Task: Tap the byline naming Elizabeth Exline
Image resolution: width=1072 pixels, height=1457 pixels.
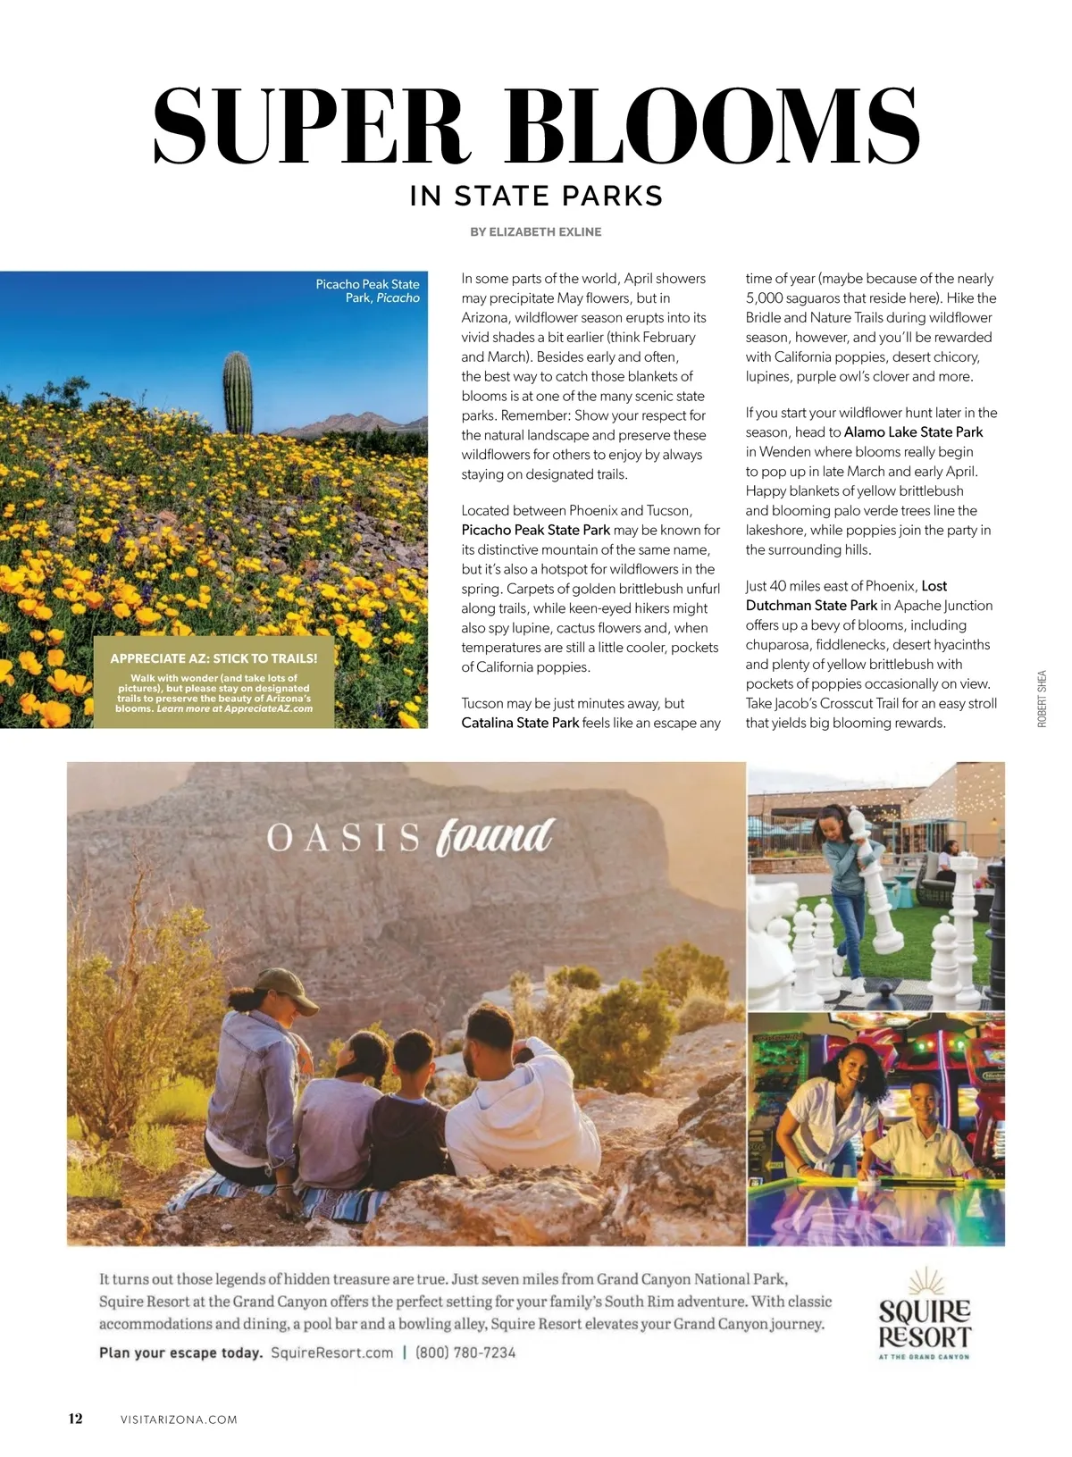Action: pos(536,231)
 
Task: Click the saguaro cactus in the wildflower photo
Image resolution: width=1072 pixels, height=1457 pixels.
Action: pos(238,393)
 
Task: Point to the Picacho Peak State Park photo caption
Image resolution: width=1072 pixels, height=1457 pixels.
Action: pos(368,290)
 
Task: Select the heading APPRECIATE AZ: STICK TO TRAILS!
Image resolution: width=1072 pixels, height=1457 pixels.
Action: pos(214,658)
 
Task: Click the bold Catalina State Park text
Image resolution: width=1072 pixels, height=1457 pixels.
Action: pos(520,723)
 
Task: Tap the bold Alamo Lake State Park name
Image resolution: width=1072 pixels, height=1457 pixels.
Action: pos(913,432)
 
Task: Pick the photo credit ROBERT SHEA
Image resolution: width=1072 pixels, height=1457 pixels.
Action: pos(1042,699)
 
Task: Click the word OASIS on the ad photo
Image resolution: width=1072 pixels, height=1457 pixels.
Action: pos(343,838)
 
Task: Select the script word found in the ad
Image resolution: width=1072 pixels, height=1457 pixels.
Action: pos(495,836)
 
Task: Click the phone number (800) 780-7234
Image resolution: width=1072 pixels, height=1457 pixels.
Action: pos(465,1352)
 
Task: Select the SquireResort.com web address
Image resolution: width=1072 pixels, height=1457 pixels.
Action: pos(331,1352)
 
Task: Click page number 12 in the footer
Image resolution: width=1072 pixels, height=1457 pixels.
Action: pos(76,1419)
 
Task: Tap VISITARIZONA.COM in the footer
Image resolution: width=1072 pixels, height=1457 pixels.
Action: pos(179,1419)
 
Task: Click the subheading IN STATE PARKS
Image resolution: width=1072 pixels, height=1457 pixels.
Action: pos(536,196)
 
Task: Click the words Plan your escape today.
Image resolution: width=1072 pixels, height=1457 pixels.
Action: pos(180,1352)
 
